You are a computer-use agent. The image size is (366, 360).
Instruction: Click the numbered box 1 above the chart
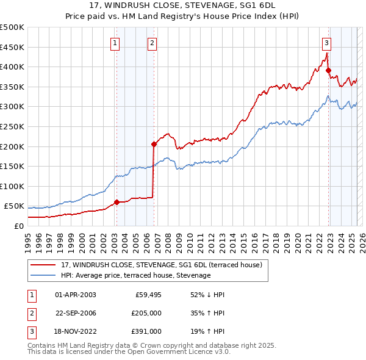[115, 43]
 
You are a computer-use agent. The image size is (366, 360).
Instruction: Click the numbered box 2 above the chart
[152, 43]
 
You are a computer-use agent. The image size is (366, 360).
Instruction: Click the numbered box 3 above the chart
[327, 43]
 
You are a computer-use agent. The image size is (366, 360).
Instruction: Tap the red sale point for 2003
[117, 202]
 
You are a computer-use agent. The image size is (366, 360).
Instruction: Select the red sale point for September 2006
[154, 144]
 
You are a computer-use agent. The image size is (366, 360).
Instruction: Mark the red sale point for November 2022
[328, 70]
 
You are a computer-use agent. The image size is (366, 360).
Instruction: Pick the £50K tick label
[15, 206]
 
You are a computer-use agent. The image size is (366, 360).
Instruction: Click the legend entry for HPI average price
[135, 276]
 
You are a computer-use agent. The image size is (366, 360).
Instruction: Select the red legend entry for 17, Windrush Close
[162, 265]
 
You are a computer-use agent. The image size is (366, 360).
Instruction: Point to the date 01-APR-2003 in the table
[76, 295]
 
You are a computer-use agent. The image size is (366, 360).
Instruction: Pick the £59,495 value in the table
[146, 295]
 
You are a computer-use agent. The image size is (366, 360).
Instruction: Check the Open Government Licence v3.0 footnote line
[129, 352]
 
